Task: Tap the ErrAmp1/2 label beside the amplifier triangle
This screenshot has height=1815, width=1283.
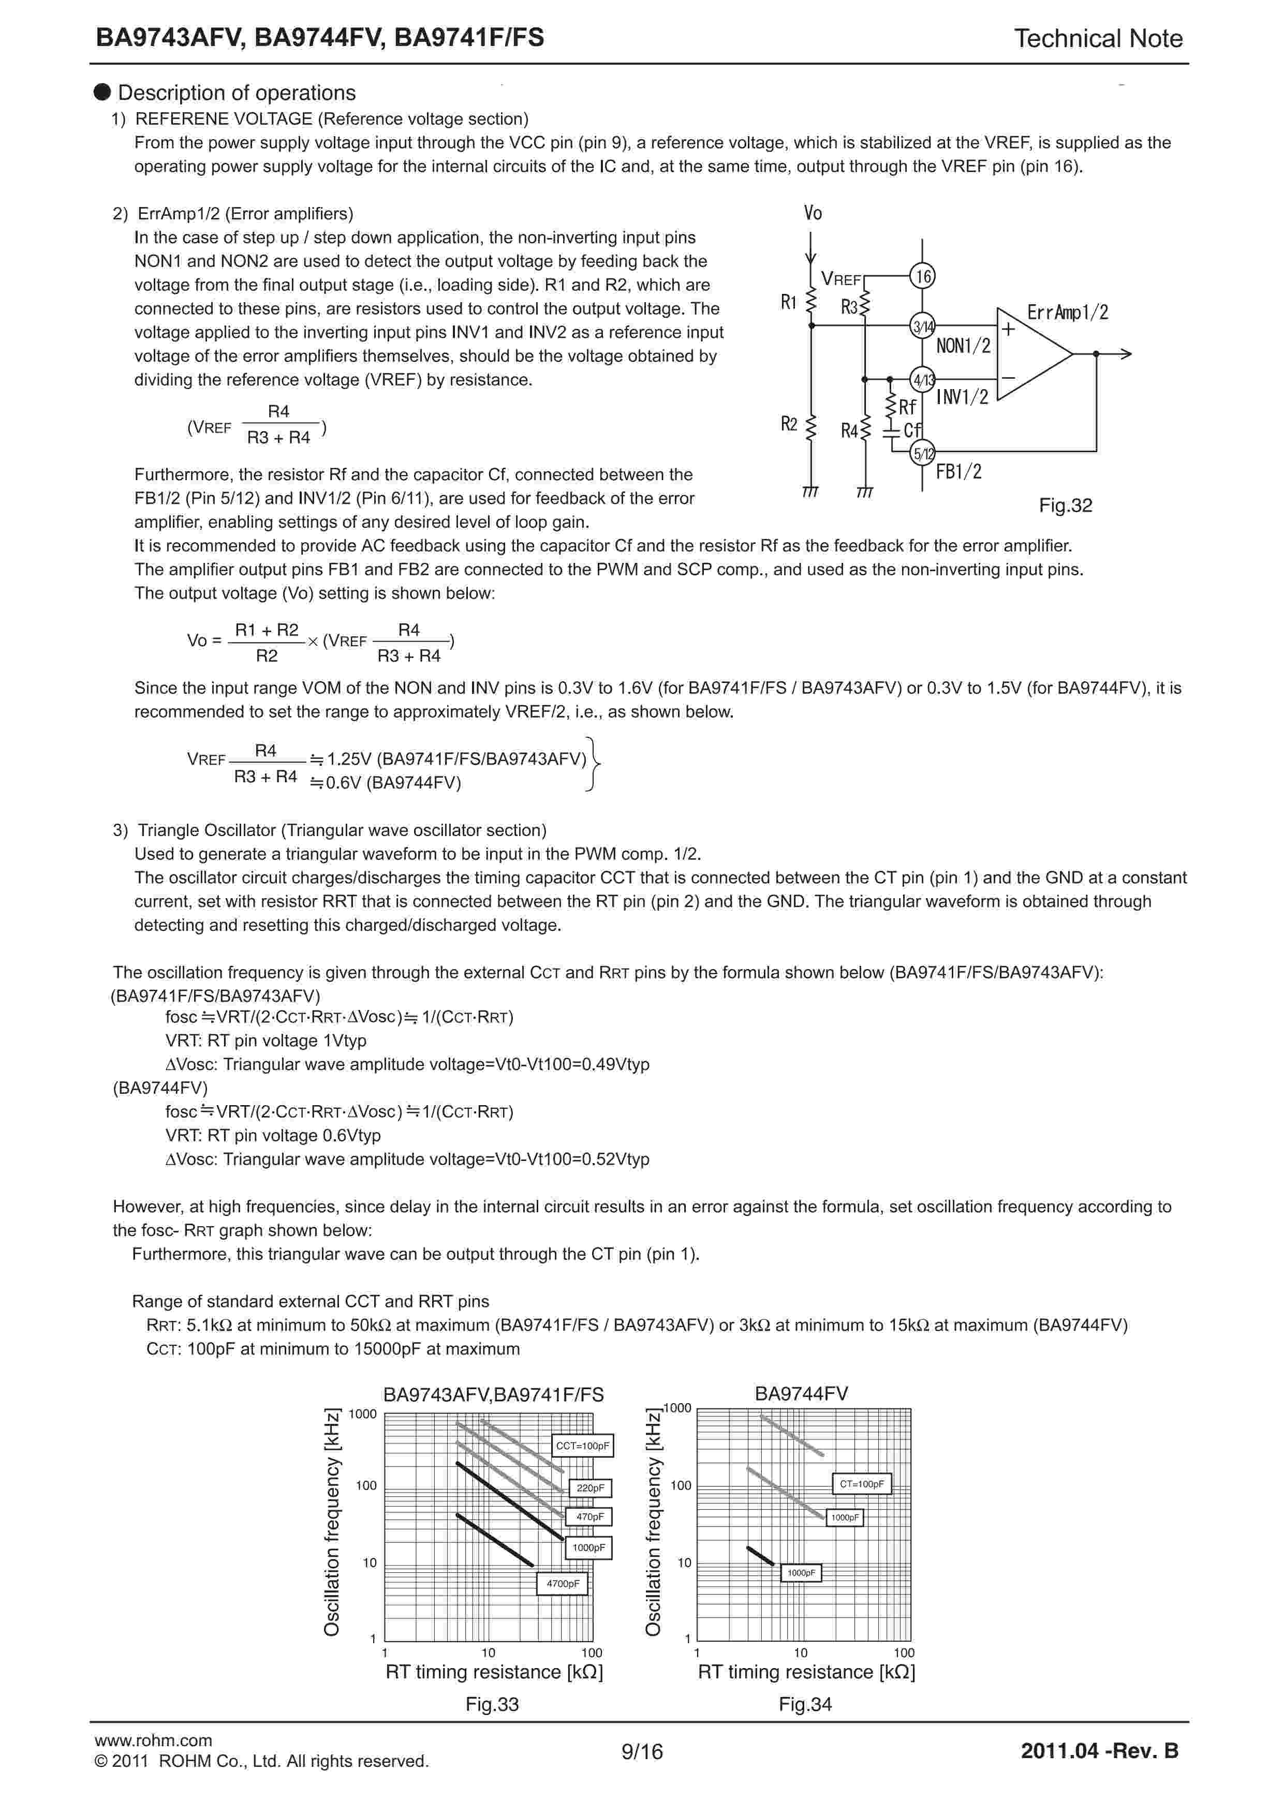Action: click(x=1067, y=313)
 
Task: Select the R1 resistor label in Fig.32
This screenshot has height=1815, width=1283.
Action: click(x=788, y=302)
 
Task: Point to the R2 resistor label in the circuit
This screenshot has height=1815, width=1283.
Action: click(x=788, y=424)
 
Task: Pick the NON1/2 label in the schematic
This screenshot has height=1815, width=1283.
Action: click(x=963, y=346)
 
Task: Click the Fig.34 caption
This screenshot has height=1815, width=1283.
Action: click(x=805, y=1704)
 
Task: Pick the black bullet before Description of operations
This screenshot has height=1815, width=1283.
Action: click(x=102, y=92)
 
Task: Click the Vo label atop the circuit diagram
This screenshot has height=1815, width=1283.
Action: click(x=813, y=213)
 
